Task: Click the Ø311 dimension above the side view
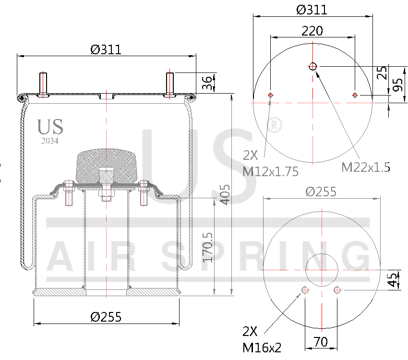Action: [x=106, y=49]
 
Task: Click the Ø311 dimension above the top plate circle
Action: [x=312, y=10]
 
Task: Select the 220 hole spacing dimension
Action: [x=312, y=31]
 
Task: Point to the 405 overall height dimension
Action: [x=225, y=194]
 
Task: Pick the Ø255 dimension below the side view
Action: [x=106, y=317]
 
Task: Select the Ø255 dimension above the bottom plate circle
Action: [x=321, y=192]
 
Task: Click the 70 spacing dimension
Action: [x=321, y=342]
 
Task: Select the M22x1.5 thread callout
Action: [x=365, y=167]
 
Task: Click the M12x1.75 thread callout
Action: [x=270, y=164]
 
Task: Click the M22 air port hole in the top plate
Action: [x=313, y=66]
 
